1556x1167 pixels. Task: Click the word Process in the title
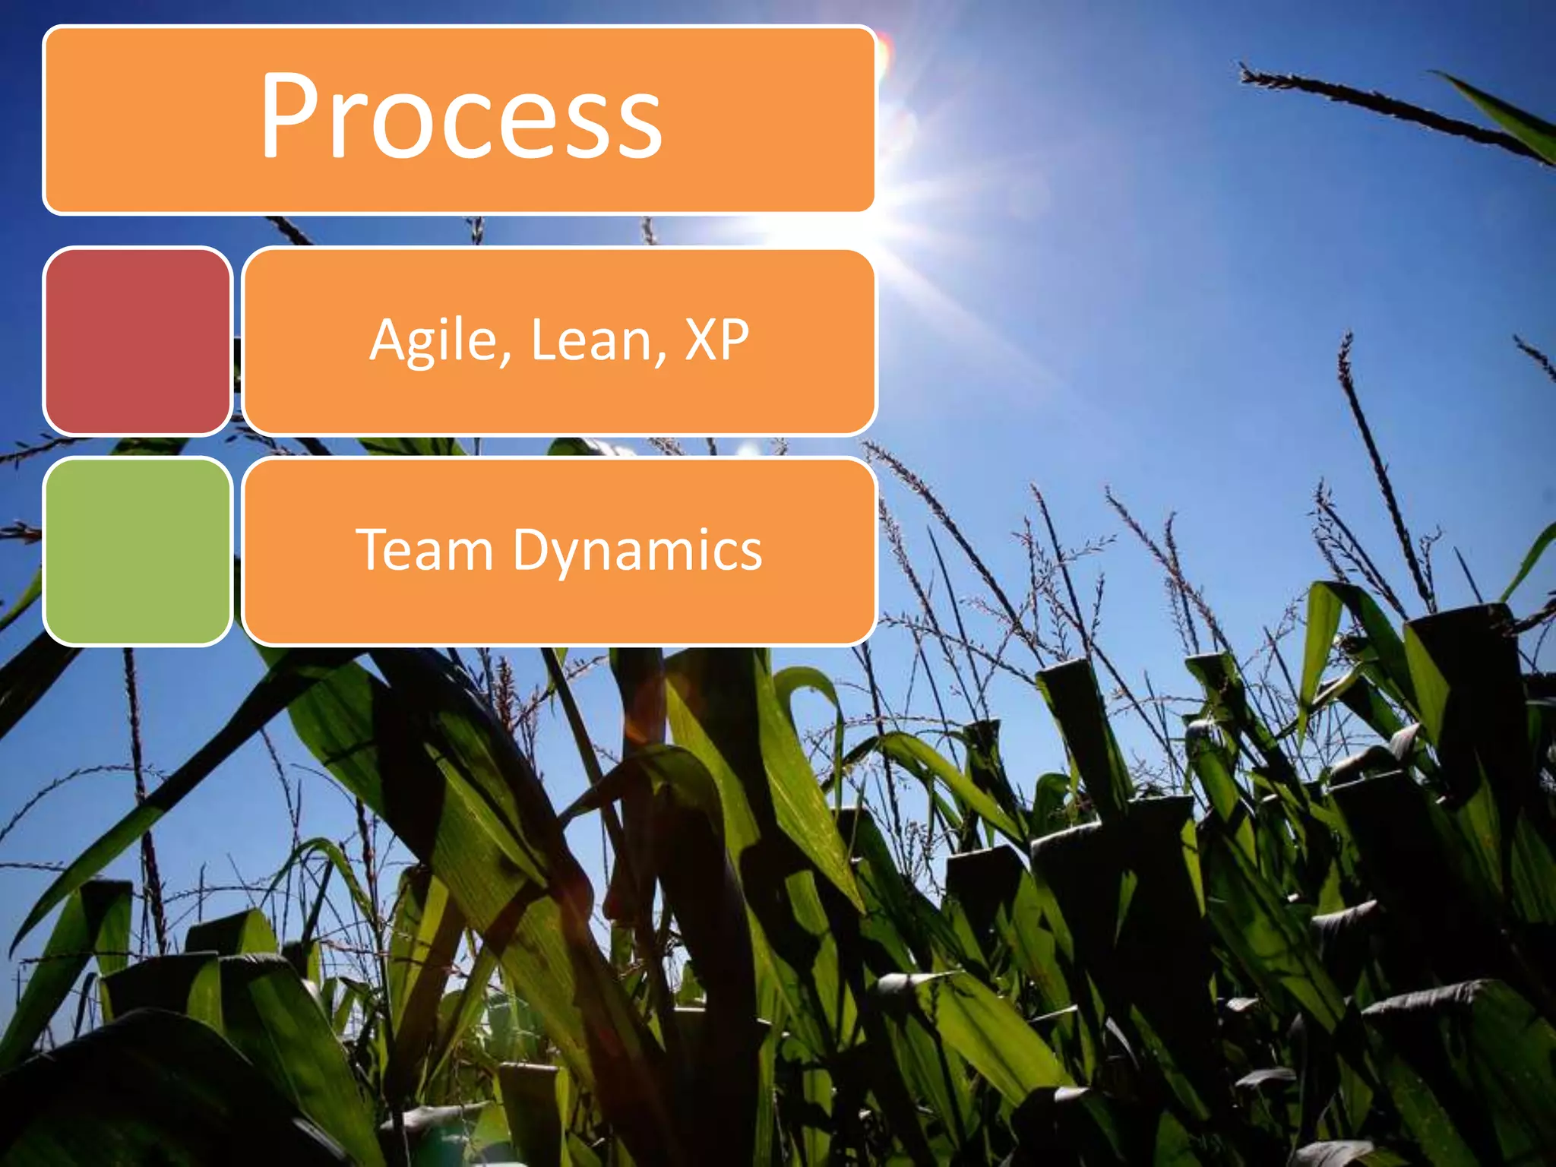(461, 118)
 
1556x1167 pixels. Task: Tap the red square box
(138, 341)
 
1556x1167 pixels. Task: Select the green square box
(138, 552)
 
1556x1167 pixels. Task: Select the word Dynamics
(637, 551)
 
